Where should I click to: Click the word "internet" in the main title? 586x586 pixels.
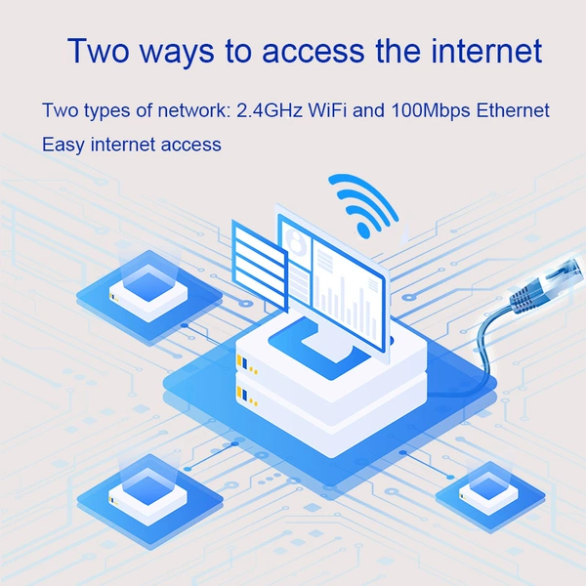(x=486, y=51)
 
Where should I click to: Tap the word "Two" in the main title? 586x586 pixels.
(x=99, y=51)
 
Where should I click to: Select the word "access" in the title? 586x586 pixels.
(x=313, y=52)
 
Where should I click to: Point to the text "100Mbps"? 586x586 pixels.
(x=431, y=111)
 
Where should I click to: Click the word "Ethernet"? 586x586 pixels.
(x=513, y=110)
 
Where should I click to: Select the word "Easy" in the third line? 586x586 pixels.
(x=63, y=145)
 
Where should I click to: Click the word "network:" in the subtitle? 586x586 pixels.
(x=194, y=110)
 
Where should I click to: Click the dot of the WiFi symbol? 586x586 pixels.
(x=363, y=229)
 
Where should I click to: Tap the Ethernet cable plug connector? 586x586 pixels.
(x=547, y=280)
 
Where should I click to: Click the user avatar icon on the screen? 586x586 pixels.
(x=296, y=239)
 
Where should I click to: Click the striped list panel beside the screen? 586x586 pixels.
(x=260, y=265)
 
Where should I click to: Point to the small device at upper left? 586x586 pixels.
(x=148, y=292)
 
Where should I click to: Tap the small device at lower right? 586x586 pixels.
(x=488, y=492)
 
